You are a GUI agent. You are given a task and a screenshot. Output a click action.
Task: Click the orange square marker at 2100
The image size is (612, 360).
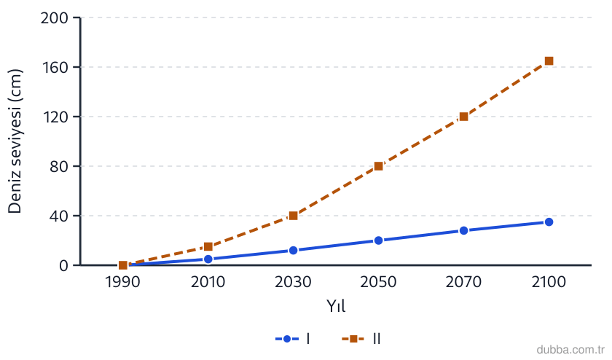[x=549, y=61]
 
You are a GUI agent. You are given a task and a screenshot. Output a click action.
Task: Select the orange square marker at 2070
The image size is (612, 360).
[x=463, y=117]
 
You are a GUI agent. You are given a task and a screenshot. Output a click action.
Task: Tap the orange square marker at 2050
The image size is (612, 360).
[x=379, y=166]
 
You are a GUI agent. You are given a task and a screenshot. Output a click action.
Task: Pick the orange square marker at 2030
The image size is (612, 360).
[x=294, y=216]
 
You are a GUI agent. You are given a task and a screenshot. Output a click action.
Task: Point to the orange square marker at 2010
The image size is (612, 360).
[x=208, y=247]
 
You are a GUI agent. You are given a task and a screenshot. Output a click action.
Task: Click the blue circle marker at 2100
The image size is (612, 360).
[x=549, y=222]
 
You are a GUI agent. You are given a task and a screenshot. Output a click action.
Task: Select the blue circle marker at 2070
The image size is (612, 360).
[x=463, y=231]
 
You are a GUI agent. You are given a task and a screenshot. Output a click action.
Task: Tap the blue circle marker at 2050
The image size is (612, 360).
[x=379, y=240]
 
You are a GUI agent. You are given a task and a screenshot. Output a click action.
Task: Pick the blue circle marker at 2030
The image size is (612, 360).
[x=294, y=250]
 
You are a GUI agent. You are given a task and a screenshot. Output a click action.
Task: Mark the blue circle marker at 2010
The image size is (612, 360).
[x=208, y=259]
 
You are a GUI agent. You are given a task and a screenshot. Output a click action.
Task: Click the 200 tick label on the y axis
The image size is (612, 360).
[x=54, y=18]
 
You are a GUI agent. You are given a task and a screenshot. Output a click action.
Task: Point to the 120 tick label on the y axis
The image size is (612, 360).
[x=55, y=117]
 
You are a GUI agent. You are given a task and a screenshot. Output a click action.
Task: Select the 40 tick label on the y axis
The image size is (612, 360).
[x=58, y=216]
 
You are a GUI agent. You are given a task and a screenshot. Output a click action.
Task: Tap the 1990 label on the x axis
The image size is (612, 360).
[x=122, y=282]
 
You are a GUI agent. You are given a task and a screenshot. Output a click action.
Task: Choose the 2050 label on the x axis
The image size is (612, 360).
[x=378, y=282]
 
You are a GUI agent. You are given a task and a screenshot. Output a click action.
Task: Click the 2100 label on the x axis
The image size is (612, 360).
[x=549, y=282]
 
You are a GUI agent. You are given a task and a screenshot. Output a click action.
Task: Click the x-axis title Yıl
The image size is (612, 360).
[x=336, y=306]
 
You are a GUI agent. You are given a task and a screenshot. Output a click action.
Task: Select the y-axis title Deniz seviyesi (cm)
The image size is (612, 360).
[x=15, y=141]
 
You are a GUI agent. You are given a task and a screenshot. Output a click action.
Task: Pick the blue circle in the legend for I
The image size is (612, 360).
[x=287, y=339]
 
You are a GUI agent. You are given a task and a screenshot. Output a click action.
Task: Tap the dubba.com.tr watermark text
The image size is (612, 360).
[x=570, y=350]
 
